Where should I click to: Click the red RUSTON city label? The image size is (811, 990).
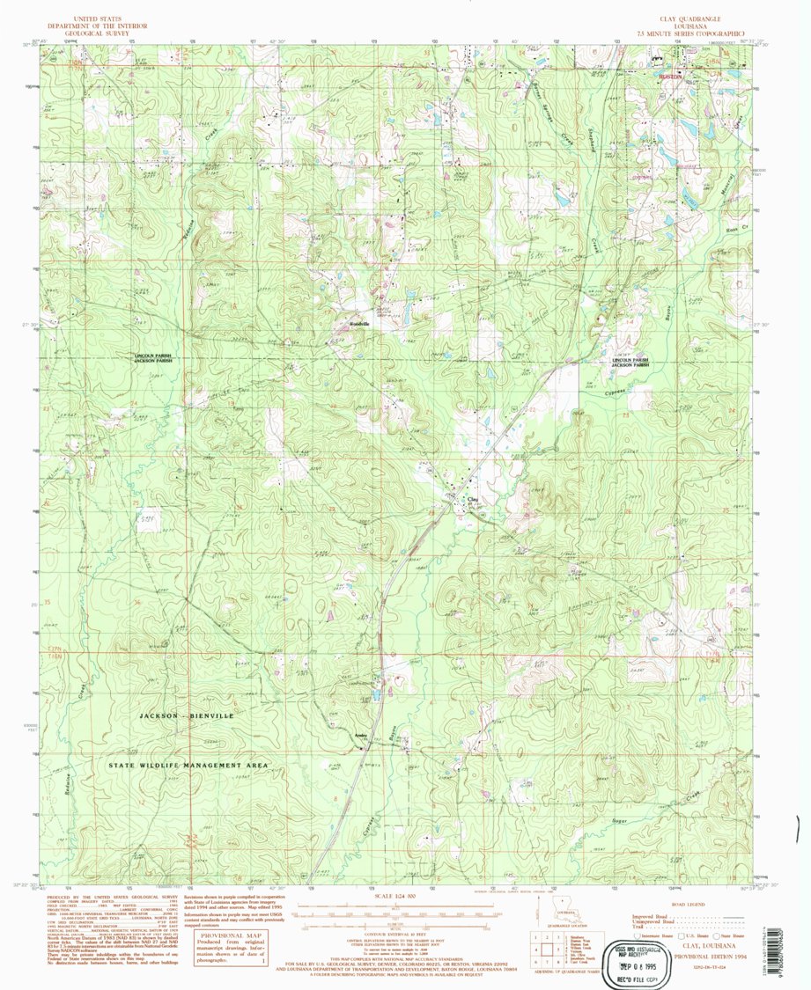pyautogui.click(x=672, y=77)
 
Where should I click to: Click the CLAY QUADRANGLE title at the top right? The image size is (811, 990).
pyautogui.click(x=682, y=18)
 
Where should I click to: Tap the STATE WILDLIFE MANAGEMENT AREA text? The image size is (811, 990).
pyautogui.click(x=188, y=766)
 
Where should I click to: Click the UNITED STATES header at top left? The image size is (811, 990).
pyautogui.click(x=98, y=18)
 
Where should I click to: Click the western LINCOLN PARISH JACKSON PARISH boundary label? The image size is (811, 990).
pyautogui.click(x=155, y=358)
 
